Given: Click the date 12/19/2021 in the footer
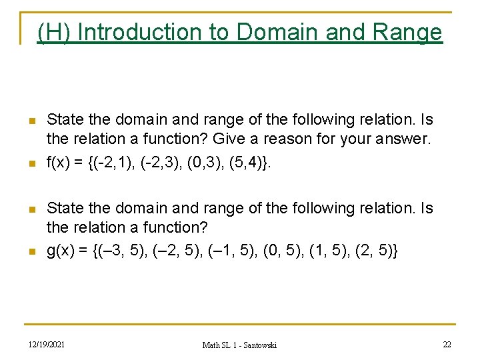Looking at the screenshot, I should [46, 344].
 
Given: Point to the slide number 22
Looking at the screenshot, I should [447, 344].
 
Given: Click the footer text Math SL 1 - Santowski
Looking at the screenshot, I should [239, 345].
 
